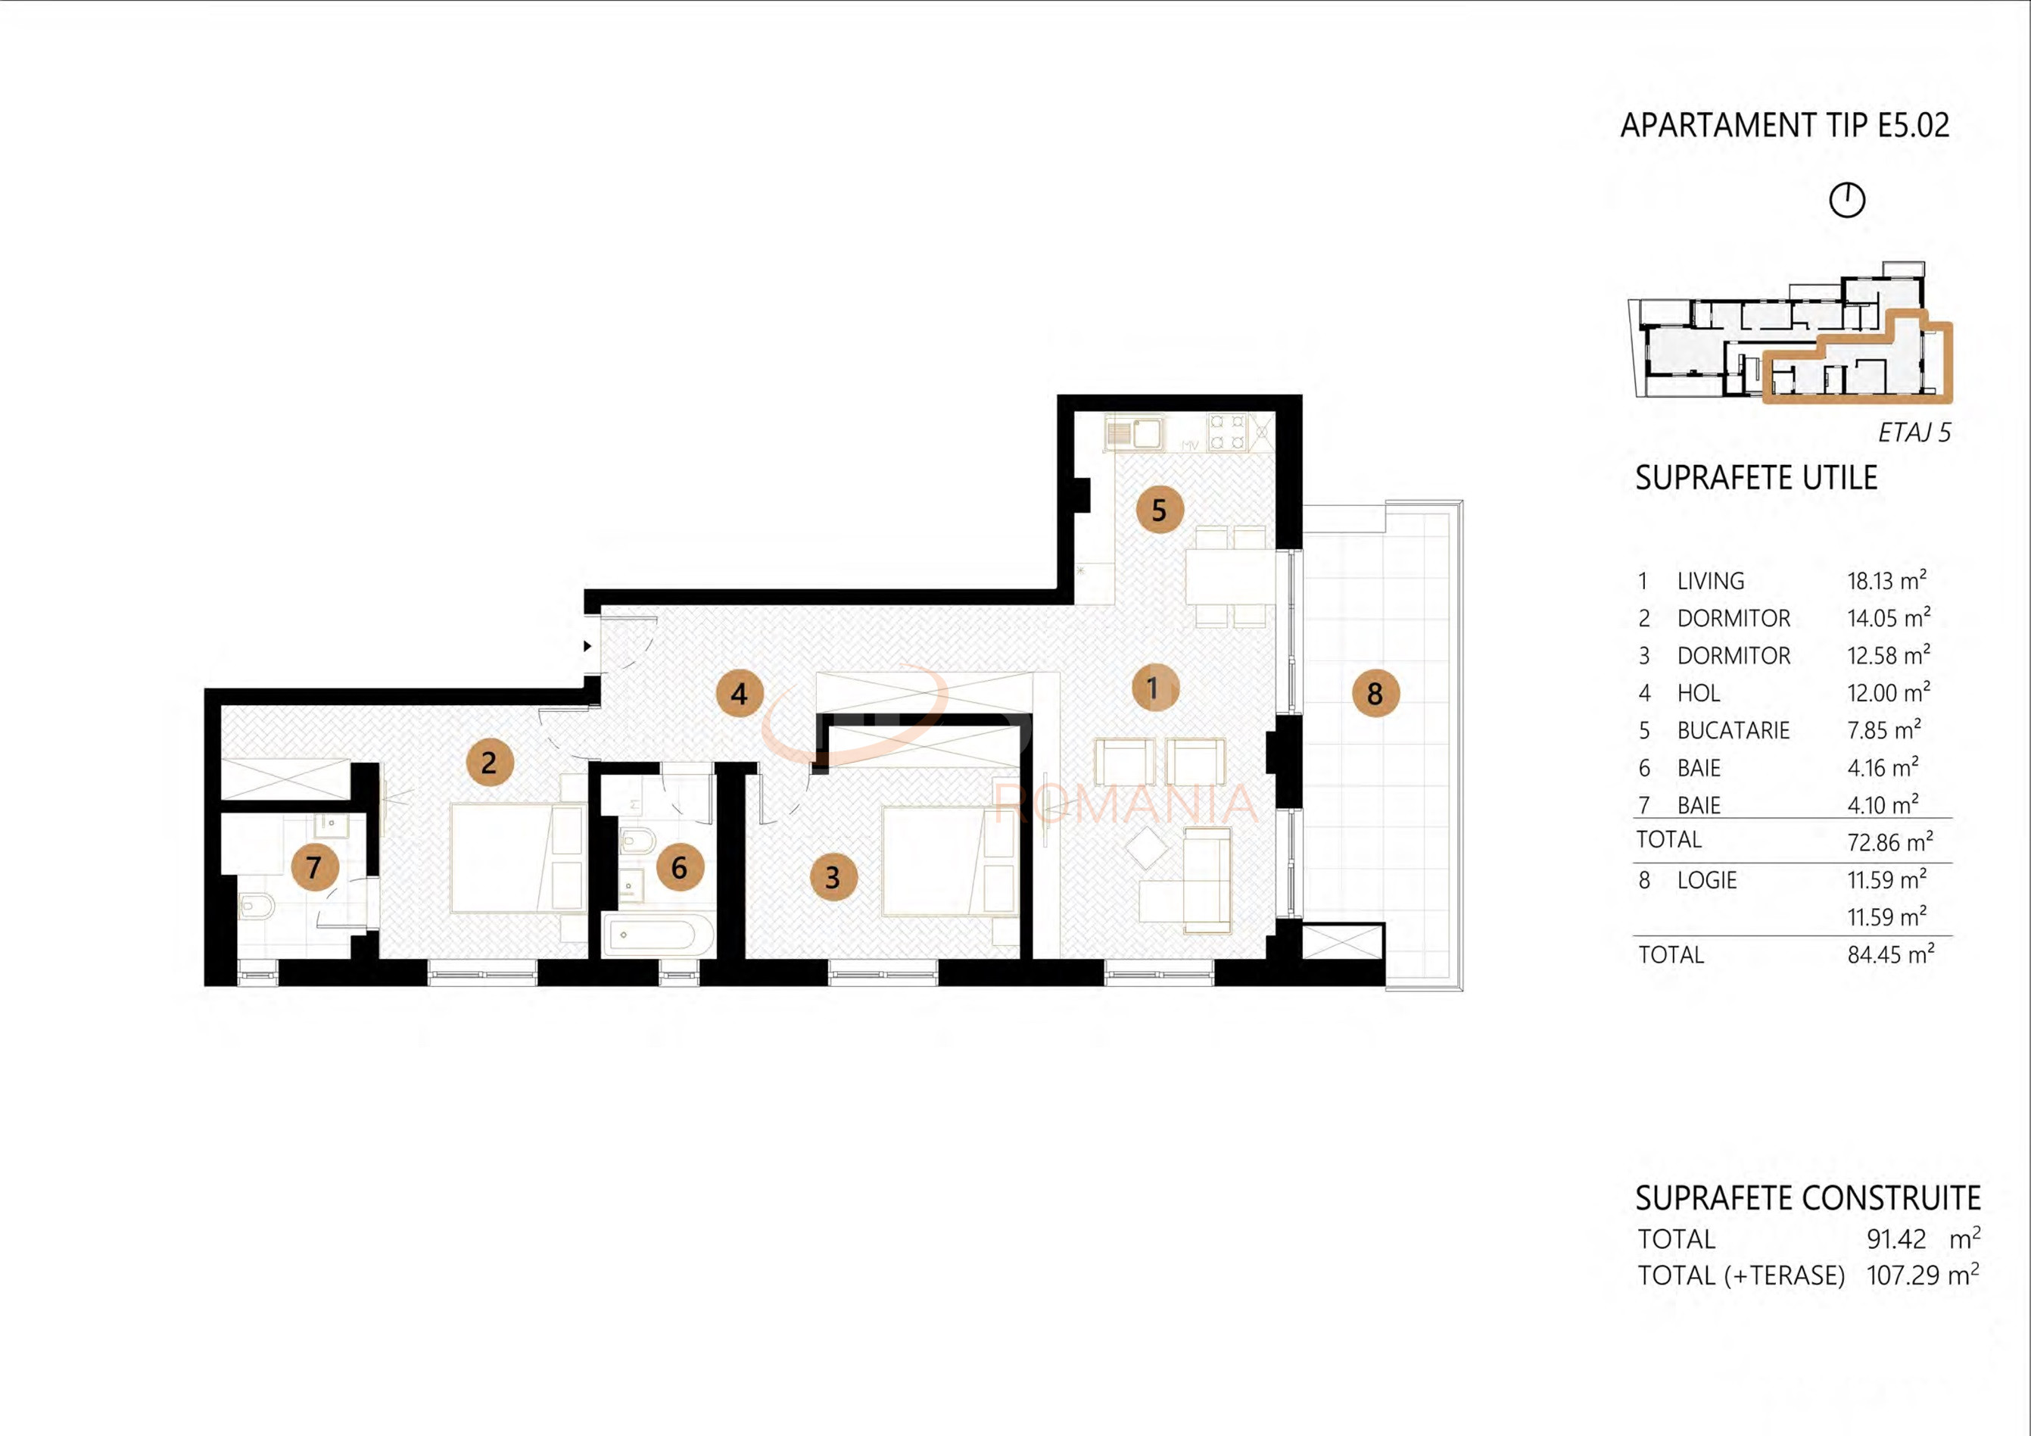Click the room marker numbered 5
pyautogui.click(x=1159, y=510)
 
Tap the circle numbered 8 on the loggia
pyautogui.click(x=1375, y=693)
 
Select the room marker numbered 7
pyautogui.click(x=314, y=867)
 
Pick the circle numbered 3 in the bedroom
pyautogui.click(x=833, y=877)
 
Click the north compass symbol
pyautogui.click(x=1847, y=200)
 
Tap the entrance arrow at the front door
pyautogui.click(x=587, y=646)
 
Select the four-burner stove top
pyautogui.click(x=1228, y=432)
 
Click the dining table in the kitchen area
pyautogui.click(x=1230, y=576)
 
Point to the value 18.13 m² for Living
pyautogui.click(x=1887, y=580)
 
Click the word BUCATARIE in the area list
pyautogui.click(x=1733, y=730)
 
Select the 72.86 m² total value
pyautogui.click(x=1890, y=841)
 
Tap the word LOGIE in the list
pyautogui.click(x=1707, y=880)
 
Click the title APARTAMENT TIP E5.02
pyautogui.click(x=1785, y=126)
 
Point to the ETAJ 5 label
pyautogui.click(x=1914, y=432)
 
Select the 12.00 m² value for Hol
pyautogui.click(x=1889, y=692)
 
